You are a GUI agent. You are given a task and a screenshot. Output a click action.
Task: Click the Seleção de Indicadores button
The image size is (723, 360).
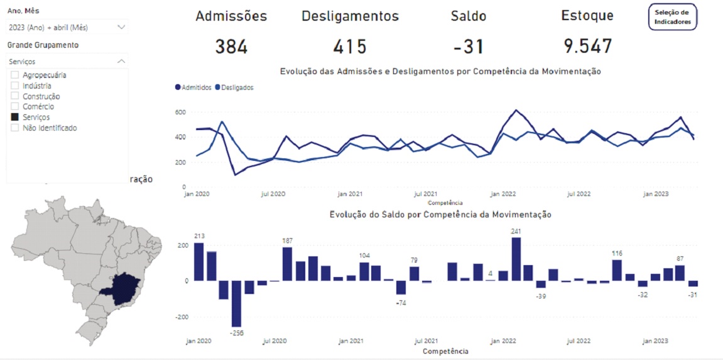click(x=672, y=17)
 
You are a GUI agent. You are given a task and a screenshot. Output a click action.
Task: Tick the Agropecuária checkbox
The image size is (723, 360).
click(x=15, y=75)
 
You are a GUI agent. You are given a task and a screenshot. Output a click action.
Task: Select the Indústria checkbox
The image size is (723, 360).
click(x=15, y=86)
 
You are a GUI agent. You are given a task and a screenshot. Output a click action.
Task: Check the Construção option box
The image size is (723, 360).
click(x=15, y=97)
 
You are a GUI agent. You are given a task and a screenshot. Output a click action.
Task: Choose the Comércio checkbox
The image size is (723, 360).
click(x=15, y=107)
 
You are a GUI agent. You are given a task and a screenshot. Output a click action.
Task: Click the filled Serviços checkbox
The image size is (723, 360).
click(x=15, y=117)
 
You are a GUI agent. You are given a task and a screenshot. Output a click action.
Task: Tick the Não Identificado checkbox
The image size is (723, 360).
click(x=15, y=128)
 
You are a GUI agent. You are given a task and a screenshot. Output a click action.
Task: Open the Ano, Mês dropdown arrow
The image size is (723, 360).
click(x=121, y=27)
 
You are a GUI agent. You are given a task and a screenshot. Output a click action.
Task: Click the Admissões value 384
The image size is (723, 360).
click(x=231, y=46)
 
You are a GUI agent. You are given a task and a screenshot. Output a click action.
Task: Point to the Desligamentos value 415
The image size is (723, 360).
click(x=350, y=46)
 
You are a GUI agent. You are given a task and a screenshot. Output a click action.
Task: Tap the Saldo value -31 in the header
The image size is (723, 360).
click(x=468, y=46)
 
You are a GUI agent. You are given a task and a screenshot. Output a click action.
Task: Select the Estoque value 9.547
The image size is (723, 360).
click(x=587, y=46)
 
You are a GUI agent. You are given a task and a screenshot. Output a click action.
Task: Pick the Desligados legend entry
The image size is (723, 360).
click(x=234, y=88)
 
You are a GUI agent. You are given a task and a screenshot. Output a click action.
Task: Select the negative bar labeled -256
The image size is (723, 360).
click(x=237, y=303)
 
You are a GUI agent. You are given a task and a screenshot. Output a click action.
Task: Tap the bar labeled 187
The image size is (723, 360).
click(x=287, y=264)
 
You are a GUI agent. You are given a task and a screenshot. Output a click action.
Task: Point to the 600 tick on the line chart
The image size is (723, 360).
click(x=180, y=112)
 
